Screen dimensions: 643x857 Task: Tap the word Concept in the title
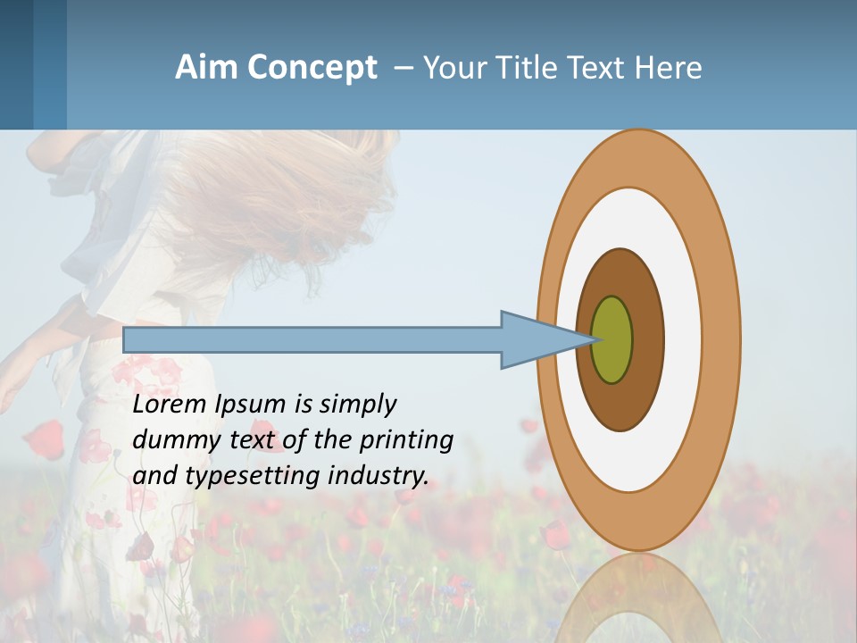312,68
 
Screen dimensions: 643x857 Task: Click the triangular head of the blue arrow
536,339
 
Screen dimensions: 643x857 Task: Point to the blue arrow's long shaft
312,339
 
